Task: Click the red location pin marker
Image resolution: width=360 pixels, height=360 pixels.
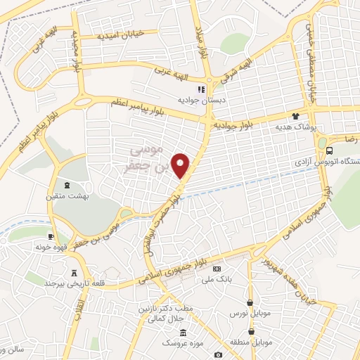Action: pos(181,165)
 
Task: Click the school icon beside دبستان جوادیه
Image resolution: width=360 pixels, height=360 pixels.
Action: pos(200,90)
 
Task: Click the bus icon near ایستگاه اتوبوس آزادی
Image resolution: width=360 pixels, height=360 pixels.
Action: pos(330,151)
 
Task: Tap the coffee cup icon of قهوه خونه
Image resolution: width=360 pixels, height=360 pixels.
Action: pos(51,236)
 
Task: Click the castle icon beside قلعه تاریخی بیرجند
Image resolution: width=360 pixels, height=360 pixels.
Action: pos(75,273)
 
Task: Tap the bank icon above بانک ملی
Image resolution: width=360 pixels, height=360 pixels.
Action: pos(217,269)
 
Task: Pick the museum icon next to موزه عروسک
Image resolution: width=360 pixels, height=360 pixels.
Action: pos(183,332)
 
